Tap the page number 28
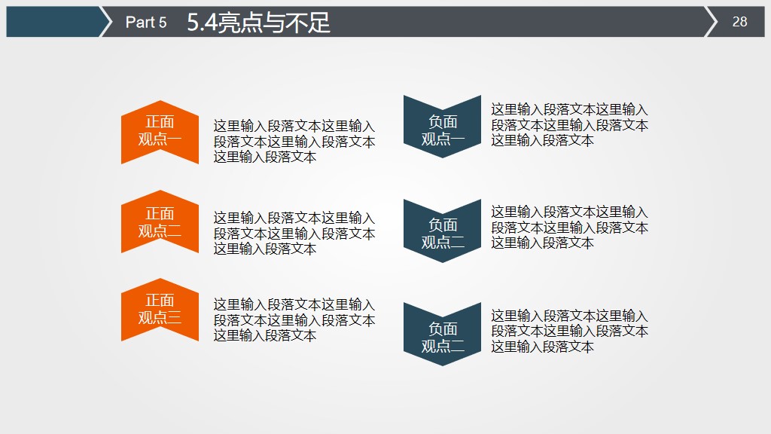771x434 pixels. point(739,22)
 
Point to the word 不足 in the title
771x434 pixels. point(311,23)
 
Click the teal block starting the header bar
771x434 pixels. point(53,22)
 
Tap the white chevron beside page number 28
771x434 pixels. point(711,22)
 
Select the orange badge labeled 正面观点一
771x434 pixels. point(160,131)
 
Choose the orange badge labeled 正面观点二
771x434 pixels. point(160,222)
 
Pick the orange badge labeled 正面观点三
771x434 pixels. point(160,310)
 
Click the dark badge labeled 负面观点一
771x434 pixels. point(442,127)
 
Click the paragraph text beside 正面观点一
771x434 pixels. point(294,142)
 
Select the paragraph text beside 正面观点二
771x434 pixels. point(294,234)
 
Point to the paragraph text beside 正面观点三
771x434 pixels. point(294,320)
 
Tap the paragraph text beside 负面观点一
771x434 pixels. point(569,125)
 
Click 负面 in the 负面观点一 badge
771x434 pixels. point(443,121)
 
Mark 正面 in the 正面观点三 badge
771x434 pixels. point(160,301)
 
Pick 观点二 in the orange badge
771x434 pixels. point(160,231)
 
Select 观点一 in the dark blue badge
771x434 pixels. point(443,139)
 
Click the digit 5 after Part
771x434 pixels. point(162,23)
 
